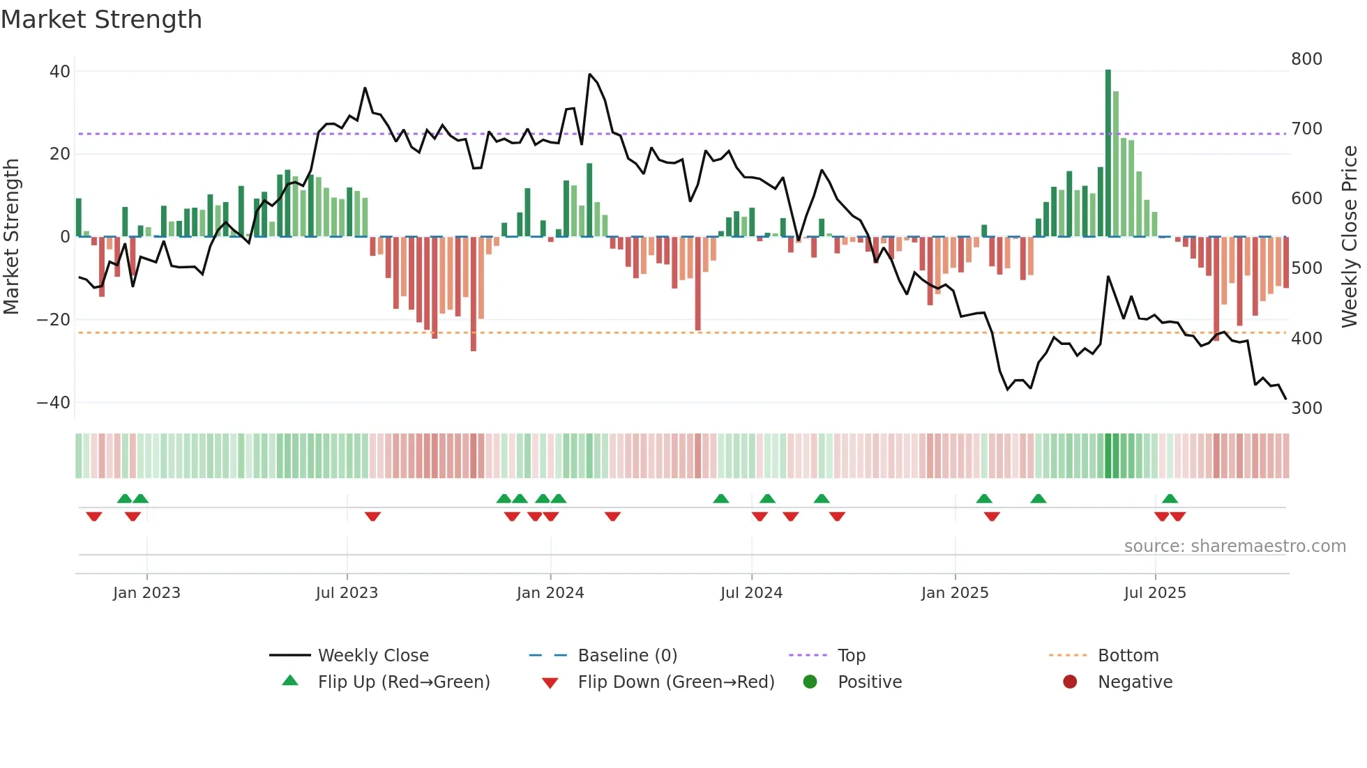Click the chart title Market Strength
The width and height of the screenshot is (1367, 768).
click(101, 20)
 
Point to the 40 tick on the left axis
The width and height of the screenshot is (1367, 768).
click(60, 72)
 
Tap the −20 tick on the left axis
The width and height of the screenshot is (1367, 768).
click(53, 320)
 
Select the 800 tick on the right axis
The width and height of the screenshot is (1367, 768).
click(1306, 59)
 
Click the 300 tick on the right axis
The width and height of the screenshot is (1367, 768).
click(1306, 408)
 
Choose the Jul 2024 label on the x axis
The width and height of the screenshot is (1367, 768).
click(751, 593)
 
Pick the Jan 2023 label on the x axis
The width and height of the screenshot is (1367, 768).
click(146, 593)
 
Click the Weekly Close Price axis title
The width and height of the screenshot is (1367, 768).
click(1350, 237)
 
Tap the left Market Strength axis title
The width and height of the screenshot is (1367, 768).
click(11, 237)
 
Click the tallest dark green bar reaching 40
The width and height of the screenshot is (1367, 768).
click(1108, 153)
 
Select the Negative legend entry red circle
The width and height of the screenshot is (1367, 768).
click(1070, 682)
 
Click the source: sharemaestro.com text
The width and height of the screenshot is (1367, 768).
click(1234, 546)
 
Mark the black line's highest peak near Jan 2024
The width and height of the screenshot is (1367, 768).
click(589, 74)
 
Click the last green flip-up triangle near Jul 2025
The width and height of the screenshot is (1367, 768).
click(1170, 498)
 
